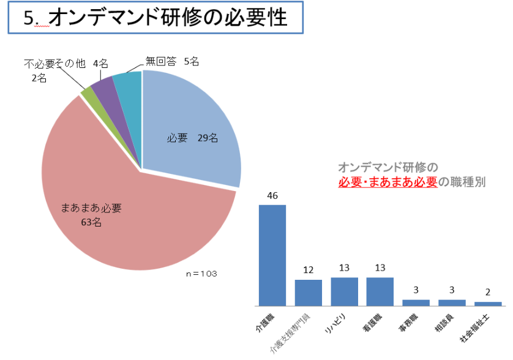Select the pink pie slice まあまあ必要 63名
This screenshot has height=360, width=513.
coord(122,220)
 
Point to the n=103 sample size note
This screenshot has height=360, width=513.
coord(202,273)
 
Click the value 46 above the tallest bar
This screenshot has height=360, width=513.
coord(272,196)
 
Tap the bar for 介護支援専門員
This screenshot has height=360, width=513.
coord(308,293)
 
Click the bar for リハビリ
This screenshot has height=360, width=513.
coord(344,291)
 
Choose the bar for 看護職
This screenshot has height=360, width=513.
coord(380,291)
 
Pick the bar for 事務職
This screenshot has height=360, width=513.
coord(416,302)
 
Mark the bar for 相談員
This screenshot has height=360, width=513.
coord(452,302)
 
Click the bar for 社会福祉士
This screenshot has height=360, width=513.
coord(487,303)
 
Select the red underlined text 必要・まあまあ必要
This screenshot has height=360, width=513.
coord(388,181)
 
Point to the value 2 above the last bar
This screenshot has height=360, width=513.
coord(488,293)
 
